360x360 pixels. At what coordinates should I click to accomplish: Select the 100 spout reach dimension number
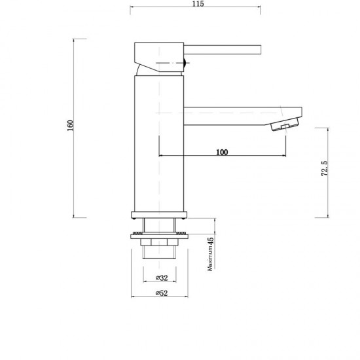click(x=221, y=153)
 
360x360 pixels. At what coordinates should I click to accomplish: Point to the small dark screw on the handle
click(x=187, y=64)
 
